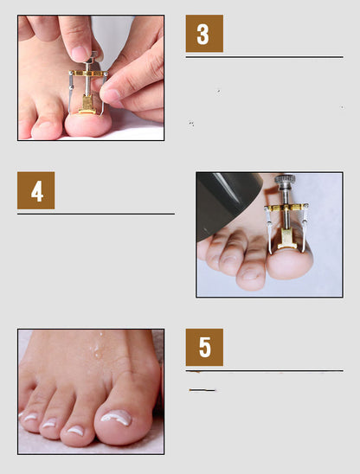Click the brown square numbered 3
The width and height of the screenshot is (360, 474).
click(x=204, y=34)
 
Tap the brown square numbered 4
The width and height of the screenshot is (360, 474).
click(x=35, y=189)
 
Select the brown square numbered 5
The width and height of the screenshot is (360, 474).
click(x=204, y=346)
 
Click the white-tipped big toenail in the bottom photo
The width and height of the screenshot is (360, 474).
click(x=115, y=419)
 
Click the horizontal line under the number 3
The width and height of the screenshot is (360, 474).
click(x=264, y=57)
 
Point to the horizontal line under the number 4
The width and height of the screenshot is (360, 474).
click(x=95, y=213)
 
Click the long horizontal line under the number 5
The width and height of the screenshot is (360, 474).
click(x=264, y=371)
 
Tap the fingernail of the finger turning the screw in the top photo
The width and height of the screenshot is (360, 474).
click(x=80, y=53)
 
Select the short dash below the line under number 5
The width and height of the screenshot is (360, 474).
click(x=202, y=390)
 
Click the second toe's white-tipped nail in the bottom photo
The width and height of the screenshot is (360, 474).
click(x=75, y=430)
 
